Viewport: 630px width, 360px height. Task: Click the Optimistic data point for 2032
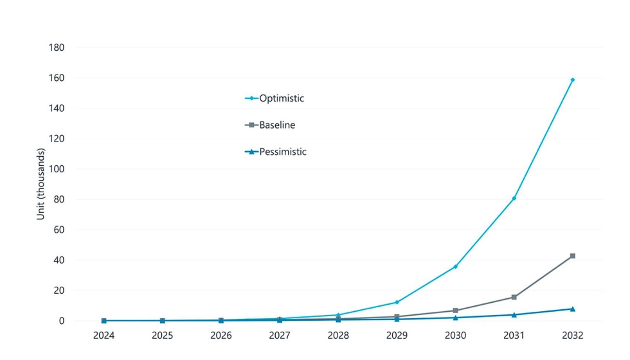[572, 80]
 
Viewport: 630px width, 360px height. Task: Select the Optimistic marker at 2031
[514, 198]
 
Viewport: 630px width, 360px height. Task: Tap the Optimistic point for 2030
[455, 266]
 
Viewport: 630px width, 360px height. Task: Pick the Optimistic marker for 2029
[397, 302]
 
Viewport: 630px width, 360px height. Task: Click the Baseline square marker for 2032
[572, 256]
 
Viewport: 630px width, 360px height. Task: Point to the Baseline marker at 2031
[514, 297]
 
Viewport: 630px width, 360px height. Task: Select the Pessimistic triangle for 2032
[572, 309]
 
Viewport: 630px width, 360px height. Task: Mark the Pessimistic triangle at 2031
[514, 314]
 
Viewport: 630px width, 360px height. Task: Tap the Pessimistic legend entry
[276, 152]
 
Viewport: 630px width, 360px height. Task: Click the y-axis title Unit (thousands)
[41, 184]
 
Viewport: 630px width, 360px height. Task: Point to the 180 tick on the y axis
[57, 48]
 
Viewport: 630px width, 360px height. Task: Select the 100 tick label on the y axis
[57, 169]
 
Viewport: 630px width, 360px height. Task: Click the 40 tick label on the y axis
[59, 260]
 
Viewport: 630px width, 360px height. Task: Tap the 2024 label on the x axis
[104, 336]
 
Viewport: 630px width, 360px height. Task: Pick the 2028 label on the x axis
[338, 336]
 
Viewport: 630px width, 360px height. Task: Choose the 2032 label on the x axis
[572, 336]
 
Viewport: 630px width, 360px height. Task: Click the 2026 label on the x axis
[221, 336]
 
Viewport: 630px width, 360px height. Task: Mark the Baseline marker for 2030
[455, 310]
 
